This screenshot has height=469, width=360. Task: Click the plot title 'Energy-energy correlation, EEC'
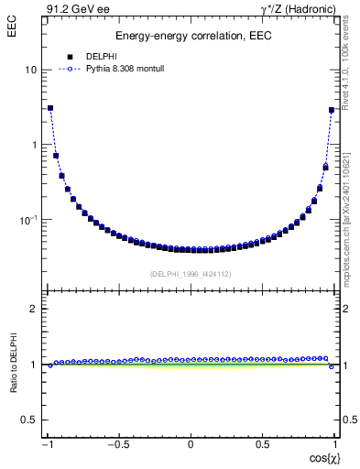[191, 37]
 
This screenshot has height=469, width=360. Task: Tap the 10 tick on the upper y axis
[31, 71]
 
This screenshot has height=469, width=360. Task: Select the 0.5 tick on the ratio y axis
[29, 420]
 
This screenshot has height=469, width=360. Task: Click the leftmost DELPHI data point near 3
[50, 108]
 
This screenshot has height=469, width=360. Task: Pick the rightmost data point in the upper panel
[332, 110]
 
